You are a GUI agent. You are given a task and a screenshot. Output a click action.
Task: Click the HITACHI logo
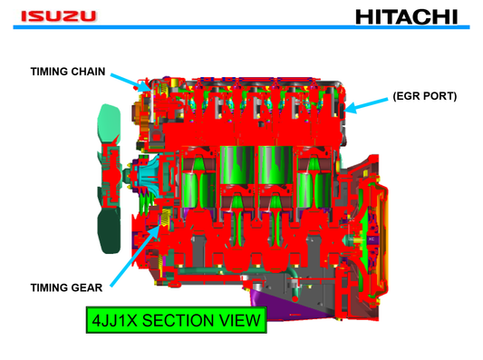407,15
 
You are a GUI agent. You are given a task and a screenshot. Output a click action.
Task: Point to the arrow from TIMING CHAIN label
124,79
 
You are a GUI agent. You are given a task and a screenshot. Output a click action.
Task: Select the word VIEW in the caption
240,320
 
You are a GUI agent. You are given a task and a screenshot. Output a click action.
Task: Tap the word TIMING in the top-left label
47,72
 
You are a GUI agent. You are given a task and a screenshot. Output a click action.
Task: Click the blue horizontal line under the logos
241,27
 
